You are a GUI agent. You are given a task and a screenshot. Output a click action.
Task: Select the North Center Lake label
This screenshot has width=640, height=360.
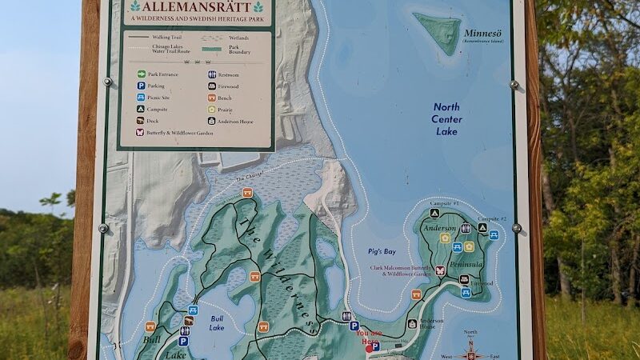pyautogui.click(x=446, y=118)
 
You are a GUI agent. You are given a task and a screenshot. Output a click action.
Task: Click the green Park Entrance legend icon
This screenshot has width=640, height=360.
pyautogui.click(x=140, y=74)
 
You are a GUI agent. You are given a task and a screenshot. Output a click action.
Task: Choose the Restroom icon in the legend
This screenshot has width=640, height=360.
pyautogui.click(x=212, y=74)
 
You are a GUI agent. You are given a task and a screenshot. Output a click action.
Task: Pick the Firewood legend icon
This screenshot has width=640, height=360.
pyautogui.click(x=212, y=86)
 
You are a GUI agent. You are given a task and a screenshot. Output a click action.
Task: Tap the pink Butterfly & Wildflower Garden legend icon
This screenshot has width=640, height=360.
pyautogui.click(x=140, y=132)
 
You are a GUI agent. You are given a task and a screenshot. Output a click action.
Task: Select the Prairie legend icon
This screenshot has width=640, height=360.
pyautogui.click(x=212, y=109)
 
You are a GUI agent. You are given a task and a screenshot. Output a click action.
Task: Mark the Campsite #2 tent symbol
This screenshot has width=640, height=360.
pyautogui.click(x=482, y=228)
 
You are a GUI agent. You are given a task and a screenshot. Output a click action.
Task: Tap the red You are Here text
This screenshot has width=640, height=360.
pyautogui.click(x=369, y=334)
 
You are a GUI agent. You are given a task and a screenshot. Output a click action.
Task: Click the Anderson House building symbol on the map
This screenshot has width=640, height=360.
pyautogui.click(x=412, y=324)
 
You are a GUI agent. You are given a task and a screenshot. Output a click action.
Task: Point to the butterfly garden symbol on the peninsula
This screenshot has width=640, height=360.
pyautogui.click(x=440, y=270)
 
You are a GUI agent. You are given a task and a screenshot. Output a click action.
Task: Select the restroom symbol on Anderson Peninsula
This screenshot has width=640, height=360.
pyautogui.click(x=466, y=228)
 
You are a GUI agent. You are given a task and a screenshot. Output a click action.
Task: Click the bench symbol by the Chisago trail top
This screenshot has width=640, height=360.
pyautogui.click(x=247, y=193)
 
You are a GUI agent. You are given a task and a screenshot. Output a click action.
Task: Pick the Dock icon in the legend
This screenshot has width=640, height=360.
pyautogui.click(x=140, y=121)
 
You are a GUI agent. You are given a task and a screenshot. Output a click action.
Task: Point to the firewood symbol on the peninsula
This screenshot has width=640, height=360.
pyautogui.click(x=464, y=279)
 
